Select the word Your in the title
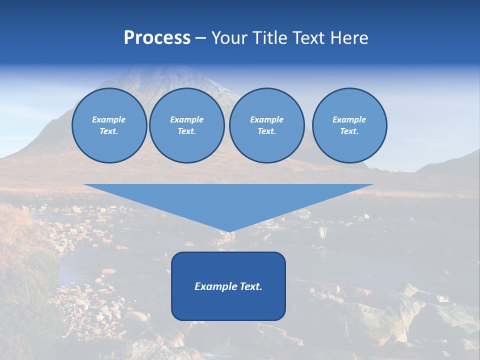pyautogui.click(x=229, y=38)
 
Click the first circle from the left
pyautogui.click(x=109, y=125)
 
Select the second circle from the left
pyautogui.click(x=186, y=125)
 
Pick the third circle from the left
pyautogui.click(x=266, y=125)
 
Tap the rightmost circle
pyautogui.click(x=349, y=125)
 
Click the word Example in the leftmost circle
pyautogui.click(x=109, y=119)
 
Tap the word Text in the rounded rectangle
pyautogui.click(x=249, y=286)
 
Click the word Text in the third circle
pyautogui.click(x=266, y=131)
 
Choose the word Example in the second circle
pyautogui.click(x=186, y=119)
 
